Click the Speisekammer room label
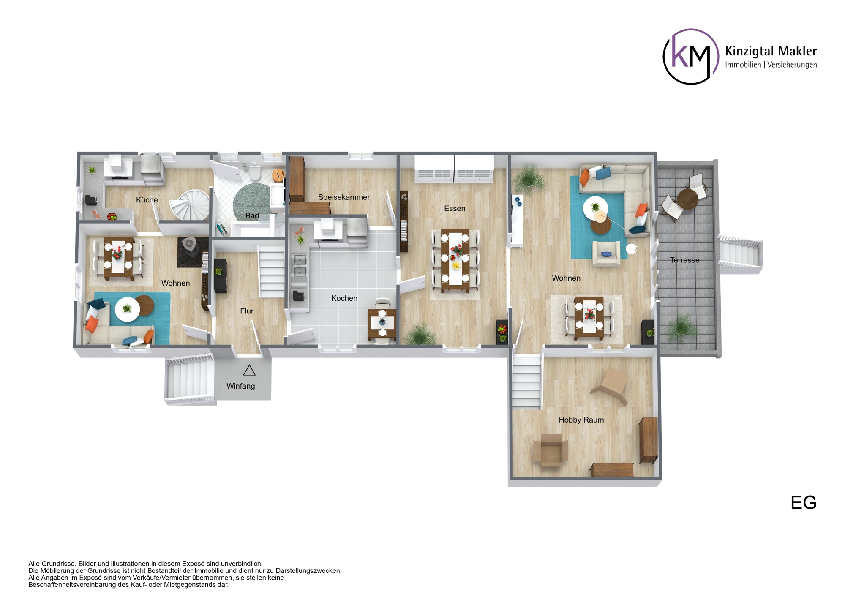344,197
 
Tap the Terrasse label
684,260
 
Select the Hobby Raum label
581,420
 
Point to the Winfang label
240,386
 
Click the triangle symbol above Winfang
249,371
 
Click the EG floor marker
803,503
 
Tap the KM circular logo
691,57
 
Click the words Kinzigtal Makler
771,51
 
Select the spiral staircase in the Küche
192,204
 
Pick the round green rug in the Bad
252,201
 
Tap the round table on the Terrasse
687,199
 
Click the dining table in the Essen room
455,260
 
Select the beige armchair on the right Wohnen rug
606,254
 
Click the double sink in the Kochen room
300,265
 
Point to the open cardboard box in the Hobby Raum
550,450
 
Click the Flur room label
247,311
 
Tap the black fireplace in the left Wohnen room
190,247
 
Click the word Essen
455,209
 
